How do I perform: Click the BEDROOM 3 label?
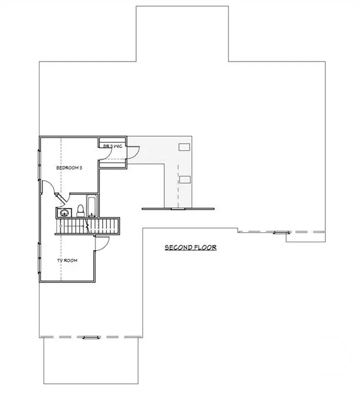[69, 167]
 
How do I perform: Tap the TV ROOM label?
[67, 260]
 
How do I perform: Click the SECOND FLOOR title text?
[190, 248]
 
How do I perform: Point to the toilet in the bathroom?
[80, 210]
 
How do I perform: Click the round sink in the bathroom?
[64, 212]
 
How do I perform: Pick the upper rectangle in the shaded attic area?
[185, 147]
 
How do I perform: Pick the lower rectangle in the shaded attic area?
[185, 179]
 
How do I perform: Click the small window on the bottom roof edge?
[89, 337]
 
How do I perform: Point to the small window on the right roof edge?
[280, 232]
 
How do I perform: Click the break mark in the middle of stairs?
[89, 225]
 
